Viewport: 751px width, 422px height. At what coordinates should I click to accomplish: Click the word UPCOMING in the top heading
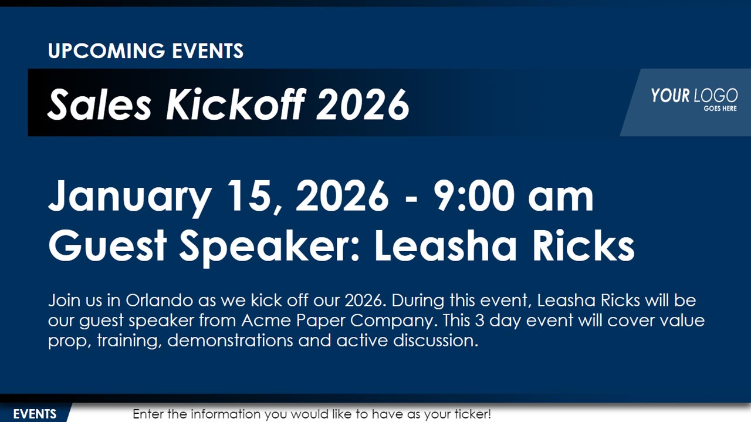[x=107, y=51]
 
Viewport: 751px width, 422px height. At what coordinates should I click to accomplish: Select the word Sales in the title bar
[x=100, y=104]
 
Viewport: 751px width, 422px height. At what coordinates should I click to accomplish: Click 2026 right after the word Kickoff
[x=363, y=104]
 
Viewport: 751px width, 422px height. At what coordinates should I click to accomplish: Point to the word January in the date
[x=130, y=197]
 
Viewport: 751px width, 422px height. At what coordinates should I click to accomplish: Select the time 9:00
[x=473, y=195]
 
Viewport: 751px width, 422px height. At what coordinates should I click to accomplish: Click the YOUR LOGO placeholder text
[x=694, y=96]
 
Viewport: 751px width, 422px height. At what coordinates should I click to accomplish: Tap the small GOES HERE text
[x=720, y=109]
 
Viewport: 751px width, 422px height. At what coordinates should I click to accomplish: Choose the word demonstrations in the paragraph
[x=230, y=340]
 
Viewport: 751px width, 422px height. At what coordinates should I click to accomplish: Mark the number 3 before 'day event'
[x=480, y=320]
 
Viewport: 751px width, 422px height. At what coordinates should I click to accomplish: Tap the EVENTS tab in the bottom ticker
[x=35, y=414]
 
